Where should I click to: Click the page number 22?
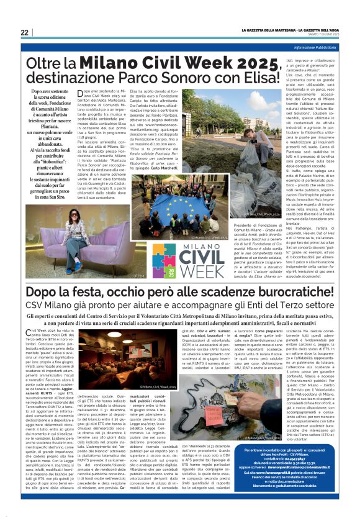(x=24, y=32)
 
